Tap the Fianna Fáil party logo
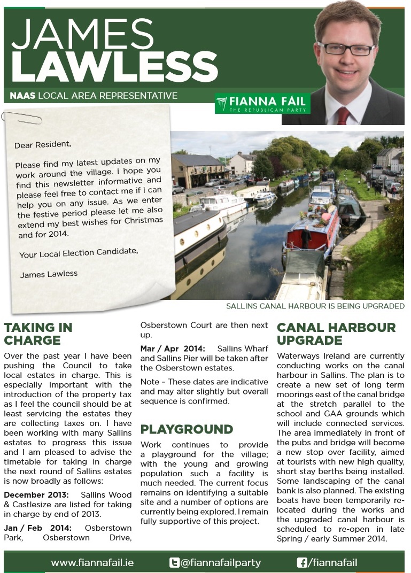coord(262,103)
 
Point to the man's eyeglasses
coord(347,48)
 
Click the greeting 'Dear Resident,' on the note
coord(42,145)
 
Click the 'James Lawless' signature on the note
coord(49,274)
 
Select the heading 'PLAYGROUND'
coord(187,429)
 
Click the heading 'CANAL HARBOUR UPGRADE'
coord(336,334)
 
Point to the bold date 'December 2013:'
coord(35,494)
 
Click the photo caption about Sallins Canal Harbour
coord(315,306)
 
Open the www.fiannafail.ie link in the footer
coord(92,562)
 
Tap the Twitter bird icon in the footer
coord(174,562)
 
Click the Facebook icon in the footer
coord(301,562)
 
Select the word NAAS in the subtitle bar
coord(22,96)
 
